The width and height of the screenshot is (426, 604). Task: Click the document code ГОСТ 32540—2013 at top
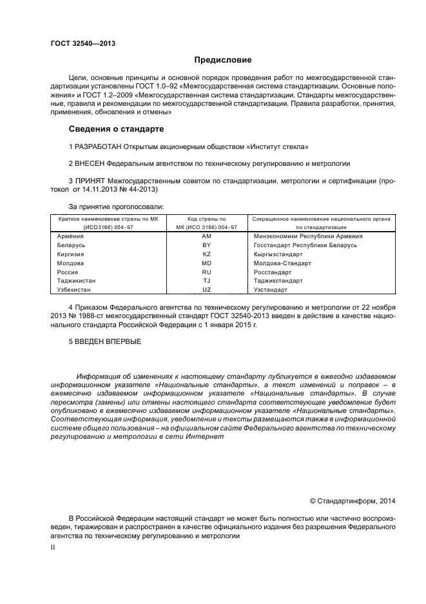(79, 45)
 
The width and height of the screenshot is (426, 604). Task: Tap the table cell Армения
(70, 236)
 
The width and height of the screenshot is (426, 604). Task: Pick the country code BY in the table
(206, 245)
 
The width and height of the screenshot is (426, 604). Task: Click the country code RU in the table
(206, 272)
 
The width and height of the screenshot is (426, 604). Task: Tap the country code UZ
(206, 290)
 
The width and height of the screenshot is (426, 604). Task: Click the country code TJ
(206, 281)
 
